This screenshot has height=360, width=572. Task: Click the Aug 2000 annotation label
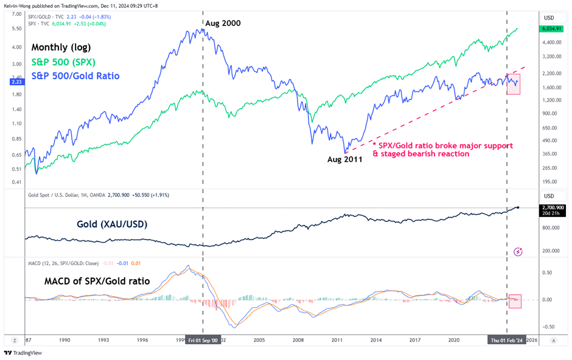223,23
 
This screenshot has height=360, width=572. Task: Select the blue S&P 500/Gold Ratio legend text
75,76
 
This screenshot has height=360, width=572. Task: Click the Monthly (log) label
61,47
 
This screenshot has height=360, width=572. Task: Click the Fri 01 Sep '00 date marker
202,341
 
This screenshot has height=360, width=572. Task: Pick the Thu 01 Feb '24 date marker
507,341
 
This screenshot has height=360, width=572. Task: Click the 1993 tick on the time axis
104,341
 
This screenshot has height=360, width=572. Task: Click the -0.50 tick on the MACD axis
548,326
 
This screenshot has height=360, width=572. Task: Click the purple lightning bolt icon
518,251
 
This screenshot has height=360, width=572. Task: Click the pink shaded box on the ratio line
514,85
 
